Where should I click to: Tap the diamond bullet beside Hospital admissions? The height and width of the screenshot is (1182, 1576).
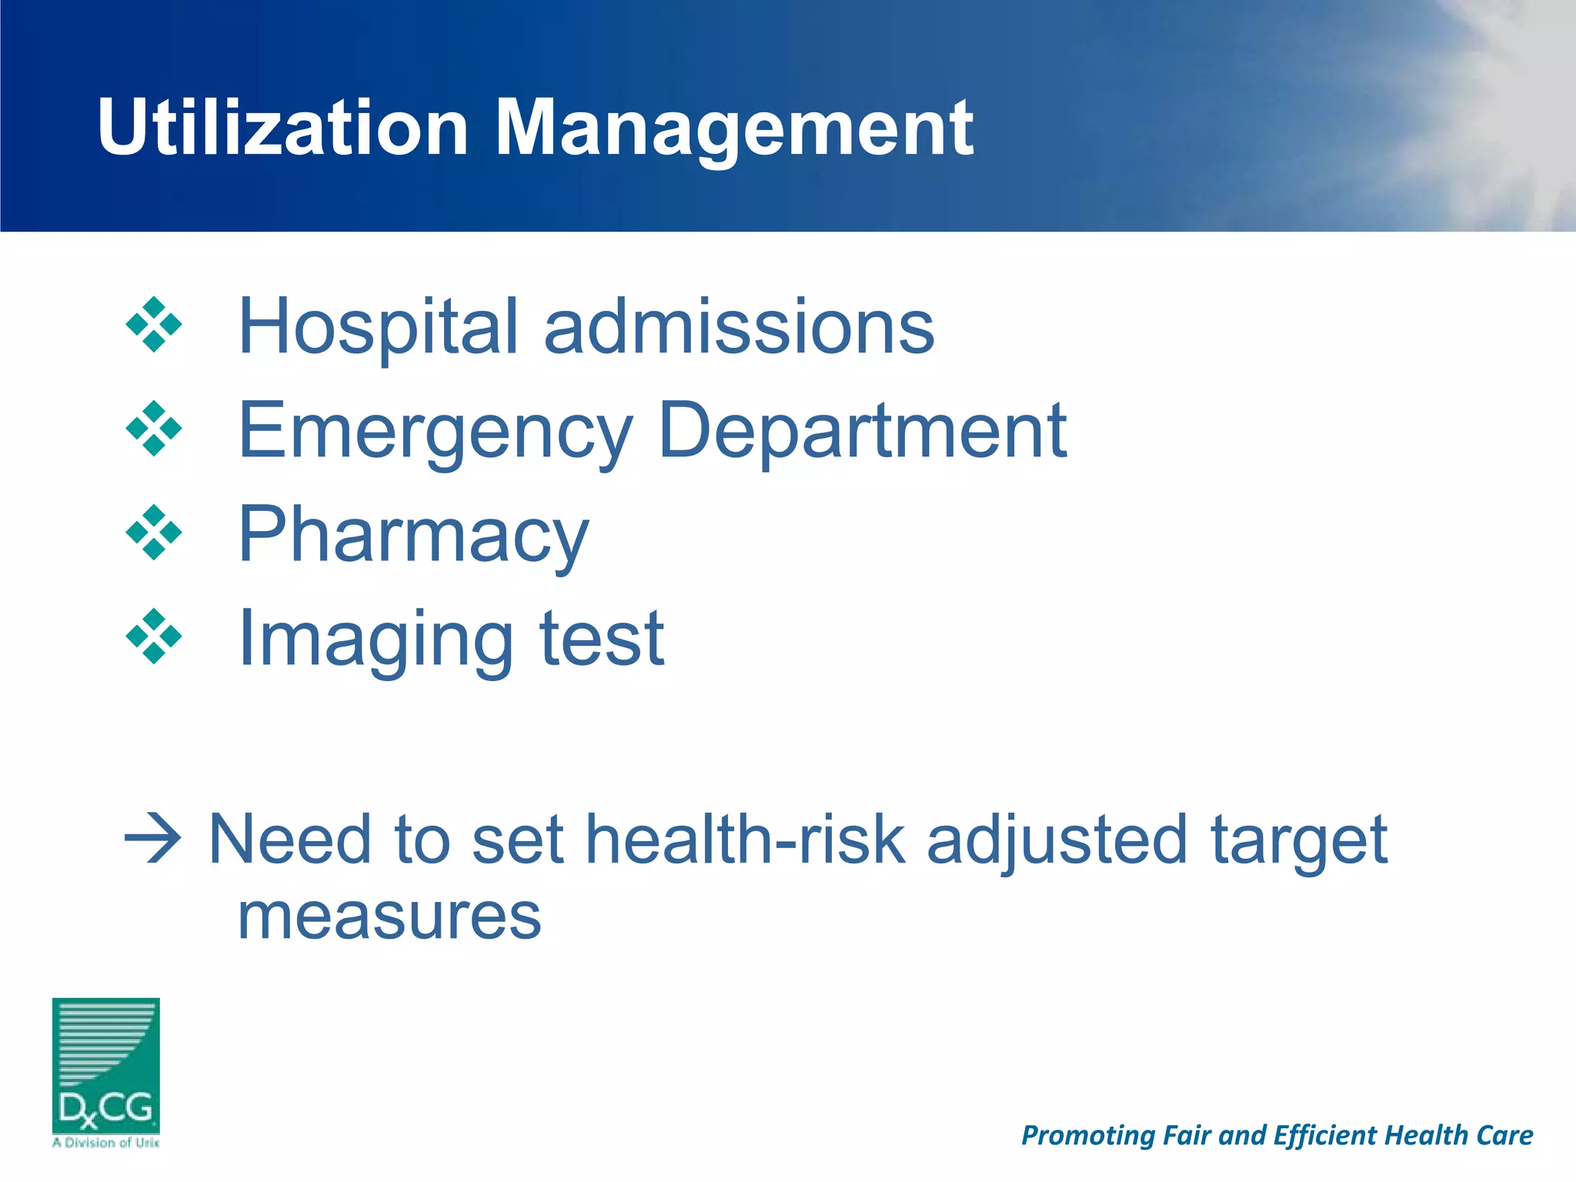154,325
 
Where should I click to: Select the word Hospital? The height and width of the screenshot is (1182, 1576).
378,327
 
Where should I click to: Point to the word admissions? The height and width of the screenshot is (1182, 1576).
739,327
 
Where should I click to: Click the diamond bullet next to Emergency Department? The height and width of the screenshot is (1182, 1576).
154,429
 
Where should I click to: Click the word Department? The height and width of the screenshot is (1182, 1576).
863,431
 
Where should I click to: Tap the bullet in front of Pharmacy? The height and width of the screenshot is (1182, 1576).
154,533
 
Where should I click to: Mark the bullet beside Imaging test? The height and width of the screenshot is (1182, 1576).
154,636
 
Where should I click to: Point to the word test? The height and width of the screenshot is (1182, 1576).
602,639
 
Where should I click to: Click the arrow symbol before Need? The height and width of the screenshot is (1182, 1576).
153,839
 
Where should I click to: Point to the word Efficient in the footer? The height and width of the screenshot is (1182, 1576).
1323,1135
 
